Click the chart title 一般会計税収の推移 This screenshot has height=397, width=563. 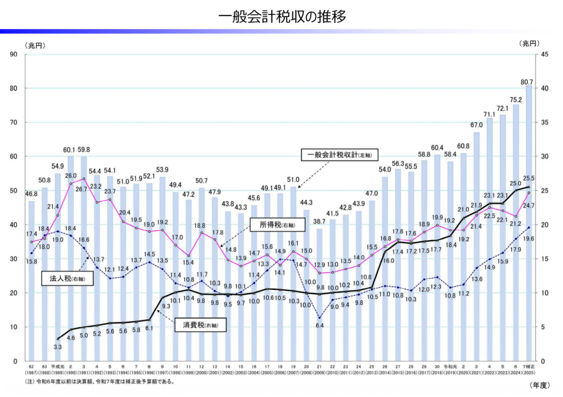pyautogui.click(x=281, y=16)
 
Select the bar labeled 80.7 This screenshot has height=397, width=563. pyautogui.click(x=529, y=220)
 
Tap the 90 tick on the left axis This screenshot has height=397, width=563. pyautogui.click(x=14, y=54)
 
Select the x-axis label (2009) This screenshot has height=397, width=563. pyautogui.click(x=319, y=372)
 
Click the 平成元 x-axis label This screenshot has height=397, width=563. pyautogui.click(x=58, y=366)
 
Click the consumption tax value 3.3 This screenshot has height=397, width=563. pyautogui.click(x=58, y=347)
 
